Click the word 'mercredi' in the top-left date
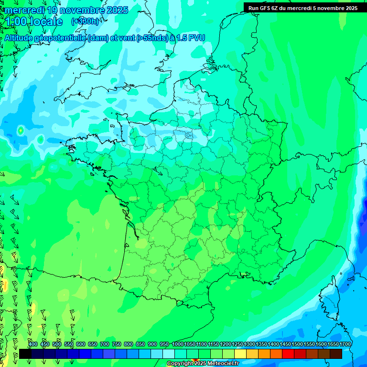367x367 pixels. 24,10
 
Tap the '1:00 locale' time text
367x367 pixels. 34,22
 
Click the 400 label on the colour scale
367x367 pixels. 33,344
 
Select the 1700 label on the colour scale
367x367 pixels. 345,344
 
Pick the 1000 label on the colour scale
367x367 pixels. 177,344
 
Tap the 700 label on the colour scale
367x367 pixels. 105,344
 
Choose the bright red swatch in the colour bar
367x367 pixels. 288,354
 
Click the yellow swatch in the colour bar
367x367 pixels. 240,354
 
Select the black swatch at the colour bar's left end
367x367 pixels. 25,354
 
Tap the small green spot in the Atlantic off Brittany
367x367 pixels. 21,130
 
